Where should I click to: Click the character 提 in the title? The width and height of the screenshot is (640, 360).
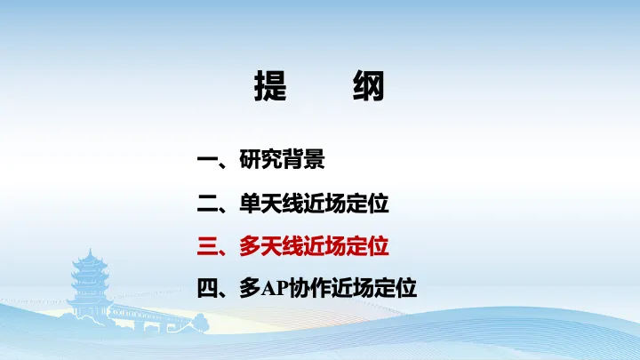click(x=270, y=85)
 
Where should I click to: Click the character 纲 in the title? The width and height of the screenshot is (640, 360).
click(x=369, y=85)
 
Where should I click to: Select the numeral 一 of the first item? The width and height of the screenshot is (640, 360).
click(x=207, y=160)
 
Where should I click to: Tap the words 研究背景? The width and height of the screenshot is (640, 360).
click(x=282, y=159)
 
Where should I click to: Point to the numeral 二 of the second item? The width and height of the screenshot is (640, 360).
click(x=207, y=204)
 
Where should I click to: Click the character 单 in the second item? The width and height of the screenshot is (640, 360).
click(x=250, y=204)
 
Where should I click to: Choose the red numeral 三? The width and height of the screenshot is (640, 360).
click(x=207, y=246)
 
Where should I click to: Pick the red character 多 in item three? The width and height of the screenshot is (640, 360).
click(x=250, y=246)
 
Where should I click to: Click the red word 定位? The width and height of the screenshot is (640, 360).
click(x=367, y=246)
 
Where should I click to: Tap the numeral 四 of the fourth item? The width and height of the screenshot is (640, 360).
click(x=207, y=289)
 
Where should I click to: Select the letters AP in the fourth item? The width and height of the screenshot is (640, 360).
click(x=275, y=289)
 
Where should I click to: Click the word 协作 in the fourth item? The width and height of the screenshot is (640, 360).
click(x=309, y=288)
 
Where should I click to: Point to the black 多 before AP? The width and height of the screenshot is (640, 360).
click(x=250, y=288)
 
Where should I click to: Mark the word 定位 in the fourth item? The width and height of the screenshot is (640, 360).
click(x=395, y=288)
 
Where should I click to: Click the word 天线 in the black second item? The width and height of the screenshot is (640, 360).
click(x=282, y=204)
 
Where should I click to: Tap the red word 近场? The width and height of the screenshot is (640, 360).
click(x=324, y=246)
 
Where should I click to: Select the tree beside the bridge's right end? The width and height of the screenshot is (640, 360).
click(x=200, y=323)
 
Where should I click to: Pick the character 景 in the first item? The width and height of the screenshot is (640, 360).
click(x=315, y=159)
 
